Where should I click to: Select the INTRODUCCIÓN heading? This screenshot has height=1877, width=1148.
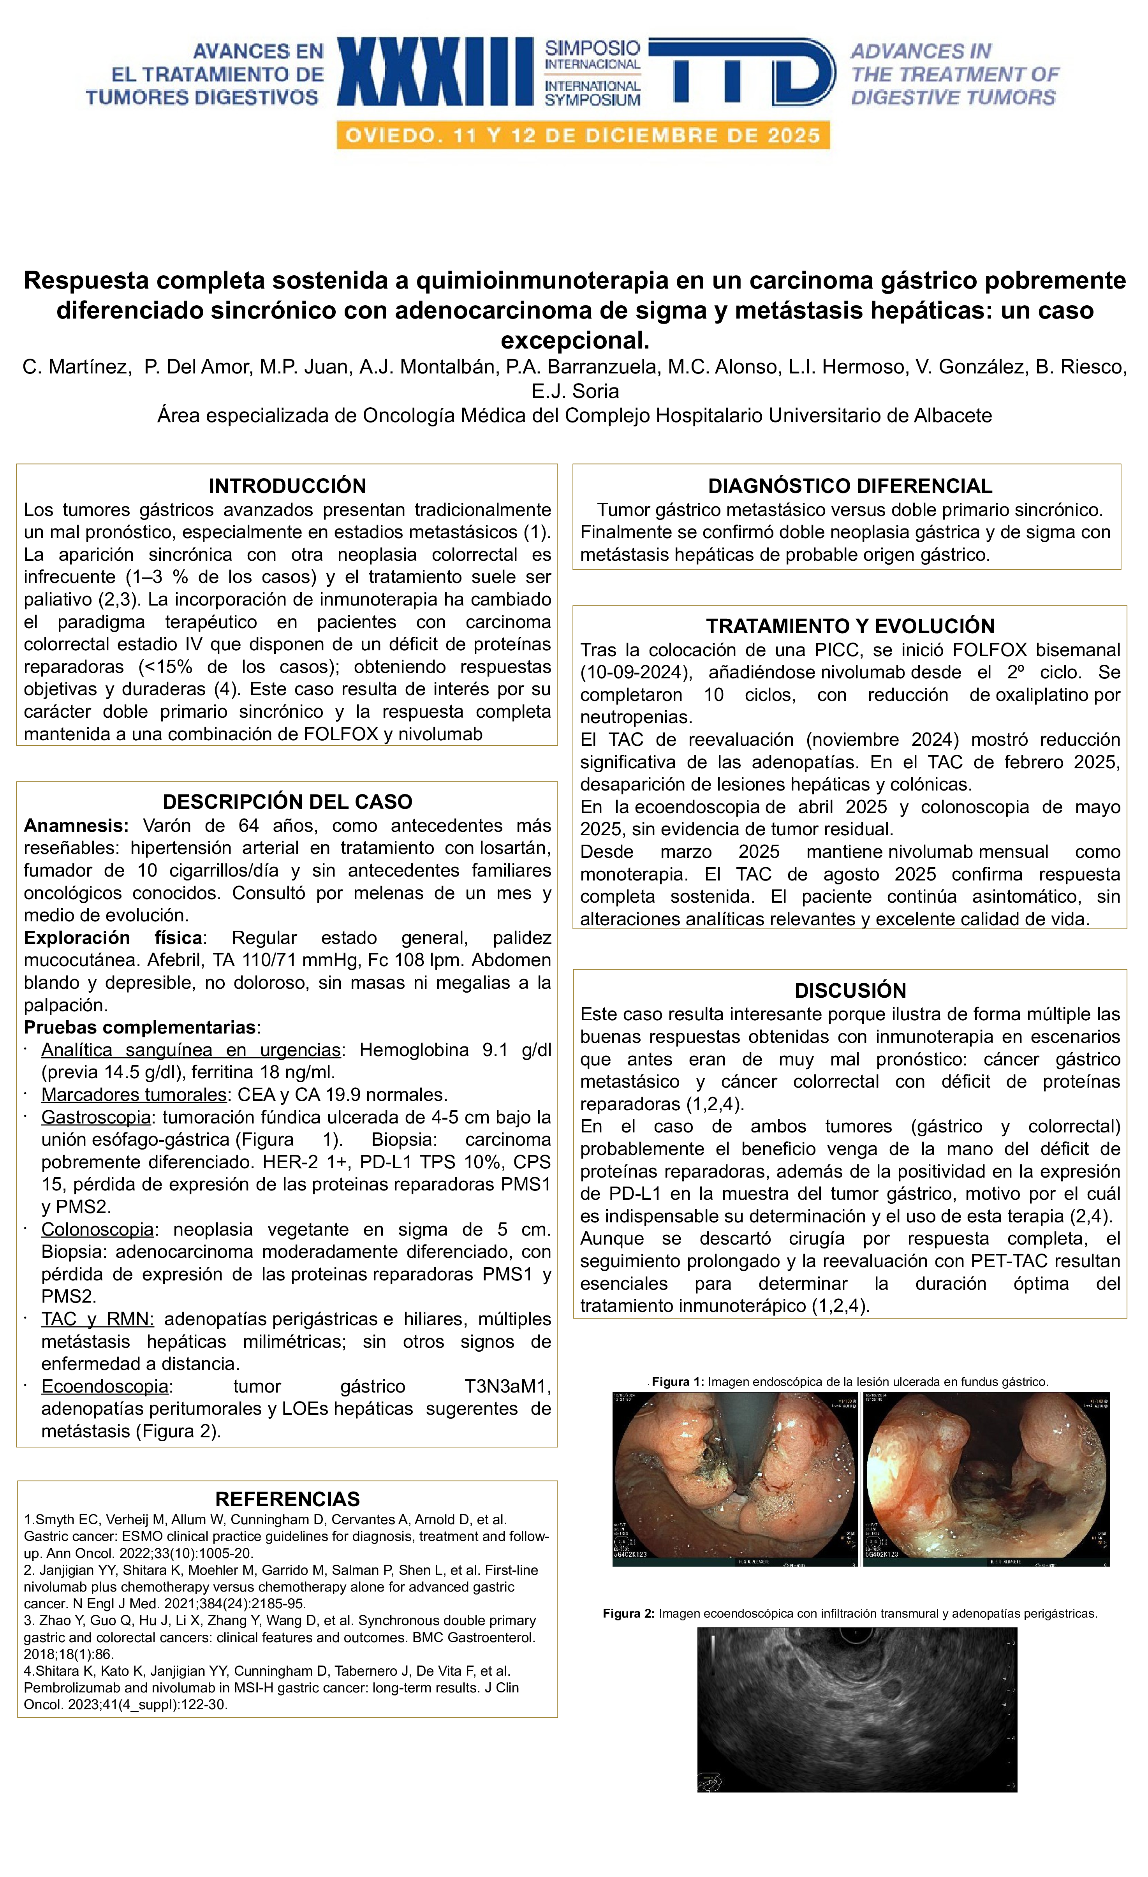click(287, 486)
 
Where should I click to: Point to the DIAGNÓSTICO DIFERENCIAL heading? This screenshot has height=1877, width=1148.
click(849, 486)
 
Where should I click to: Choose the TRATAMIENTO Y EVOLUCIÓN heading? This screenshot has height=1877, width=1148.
click(849, 626)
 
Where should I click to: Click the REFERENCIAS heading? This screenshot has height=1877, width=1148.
click(287, 1499)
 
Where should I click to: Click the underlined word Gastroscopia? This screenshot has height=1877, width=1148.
click(96, 1118)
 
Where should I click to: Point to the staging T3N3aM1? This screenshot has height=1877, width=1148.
click(507, 1386)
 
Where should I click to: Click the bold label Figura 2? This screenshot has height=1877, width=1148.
click(629, 1613)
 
